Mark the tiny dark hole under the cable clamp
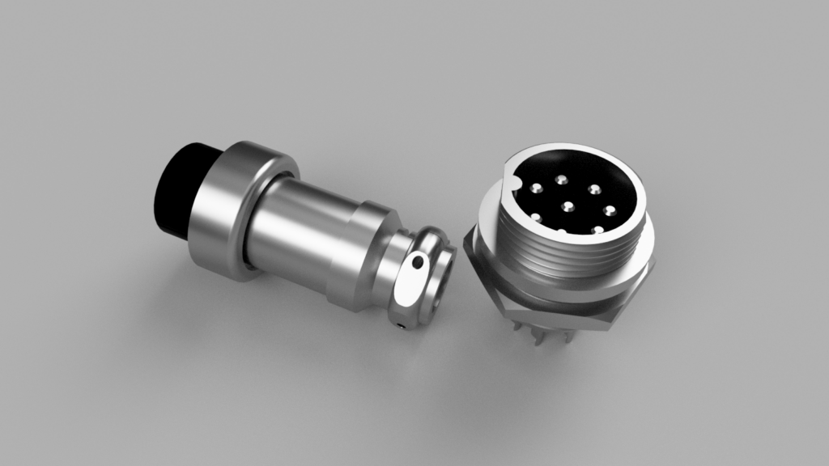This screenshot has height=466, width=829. click(402, 327)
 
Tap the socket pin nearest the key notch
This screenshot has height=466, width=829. click(535, 189)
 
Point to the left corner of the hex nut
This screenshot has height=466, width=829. click(466, 240)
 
